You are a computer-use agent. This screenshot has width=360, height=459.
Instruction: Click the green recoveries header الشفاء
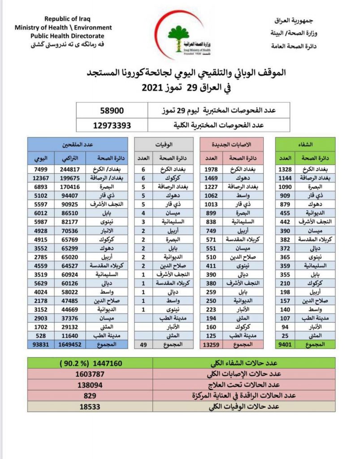click(305, 144)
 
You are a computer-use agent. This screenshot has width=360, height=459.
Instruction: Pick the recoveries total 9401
click(285, 344)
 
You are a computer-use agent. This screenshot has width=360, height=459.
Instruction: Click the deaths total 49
click(144, 344)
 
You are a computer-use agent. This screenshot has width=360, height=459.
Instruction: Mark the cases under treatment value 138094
click(90, 385)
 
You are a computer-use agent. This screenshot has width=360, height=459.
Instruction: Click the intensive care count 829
click(90, 396)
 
